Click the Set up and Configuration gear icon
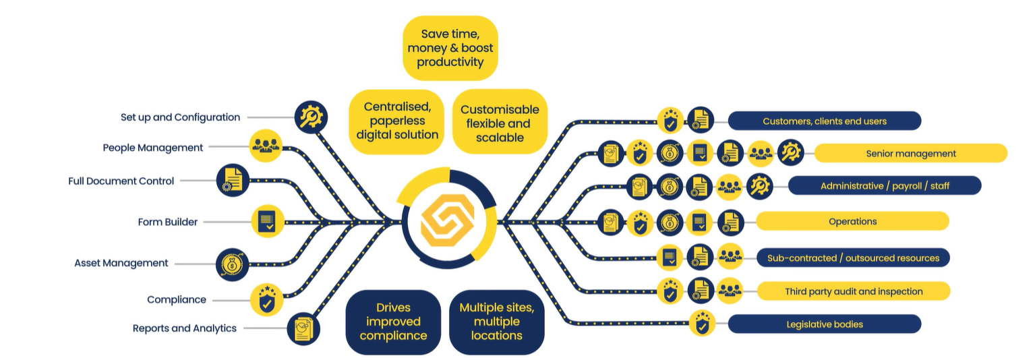[311, 117]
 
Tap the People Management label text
[152, 148]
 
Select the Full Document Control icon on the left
[233, 180]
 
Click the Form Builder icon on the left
[268, 222]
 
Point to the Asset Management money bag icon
[232, 265]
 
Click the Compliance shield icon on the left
[266, 300]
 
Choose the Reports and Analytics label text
[184, 328]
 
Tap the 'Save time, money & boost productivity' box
[450, 48]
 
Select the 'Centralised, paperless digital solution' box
[396, 121]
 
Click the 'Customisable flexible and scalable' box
[500, 122]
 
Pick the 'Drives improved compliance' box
[393, 322]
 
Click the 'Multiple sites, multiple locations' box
[497, 322]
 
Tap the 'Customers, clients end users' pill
[825, 121]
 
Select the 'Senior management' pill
[911, 154]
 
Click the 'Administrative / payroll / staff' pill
[885, 186]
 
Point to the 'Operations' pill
[852, 221]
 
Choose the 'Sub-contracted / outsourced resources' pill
[853, 258]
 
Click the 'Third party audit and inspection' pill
[854, 291]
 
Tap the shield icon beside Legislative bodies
[702, 324]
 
